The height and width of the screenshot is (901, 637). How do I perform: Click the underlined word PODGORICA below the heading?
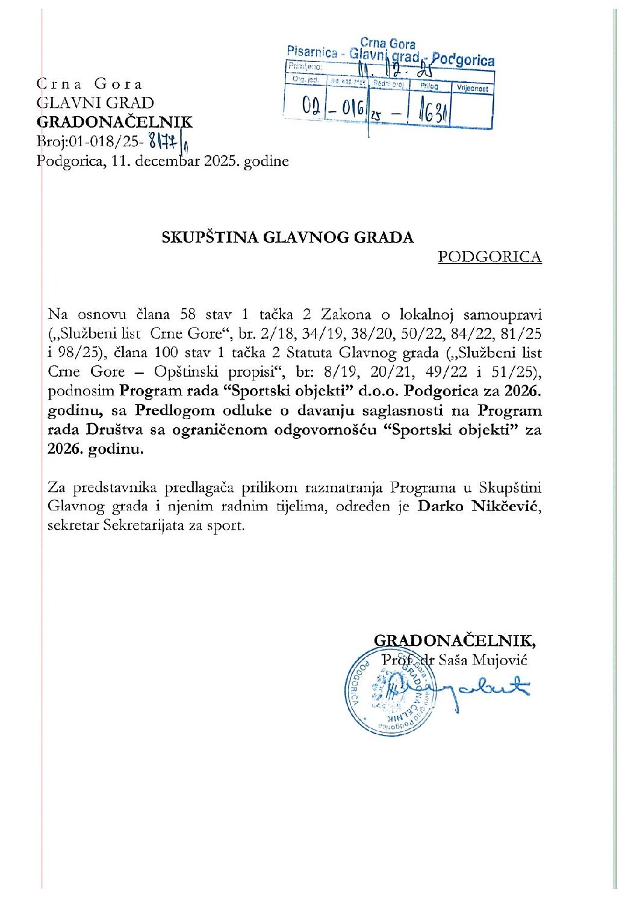pyautogui.click(x=489, y=257)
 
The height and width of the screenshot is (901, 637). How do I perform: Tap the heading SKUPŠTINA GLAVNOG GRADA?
pyautogui.click(x=288, y=237)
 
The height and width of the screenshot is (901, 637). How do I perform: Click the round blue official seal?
pyautogui.click(x=389, y=692)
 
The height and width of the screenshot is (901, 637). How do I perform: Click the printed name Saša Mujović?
pyautogui.click(x=482, y=660)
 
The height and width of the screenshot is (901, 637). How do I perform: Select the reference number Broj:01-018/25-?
pyautogui.click(x=90, y=142)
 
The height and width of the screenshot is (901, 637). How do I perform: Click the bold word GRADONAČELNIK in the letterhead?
pyautogui.click(x=114, y=122)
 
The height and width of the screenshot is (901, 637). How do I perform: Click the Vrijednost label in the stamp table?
pyautogui.click(x=472, y=88)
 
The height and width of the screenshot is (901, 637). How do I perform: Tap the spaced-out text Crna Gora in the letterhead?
pyautogui.click(x=90, y=84)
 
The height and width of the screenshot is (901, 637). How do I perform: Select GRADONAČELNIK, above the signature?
pyautogui.click(x=455, y=640)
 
